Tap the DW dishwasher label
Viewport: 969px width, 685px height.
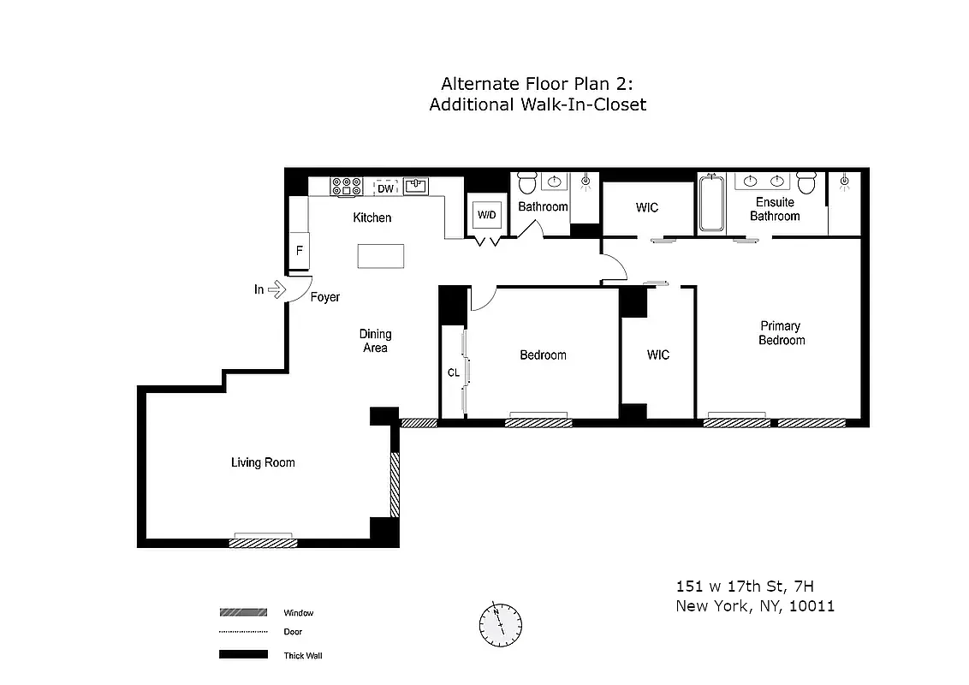(x=386, y=188)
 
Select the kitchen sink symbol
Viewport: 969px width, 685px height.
(x=416, y=186)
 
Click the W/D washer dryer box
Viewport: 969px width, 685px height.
(x=487, y=215)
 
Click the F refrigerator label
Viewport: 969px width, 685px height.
(x=300, y=251)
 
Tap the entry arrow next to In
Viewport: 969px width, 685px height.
(x=276, y=290)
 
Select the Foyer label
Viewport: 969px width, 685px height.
(x=324, y=297)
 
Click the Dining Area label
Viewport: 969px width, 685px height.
(x=375, y=341)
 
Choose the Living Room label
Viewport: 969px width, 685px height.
(x=263, y=462)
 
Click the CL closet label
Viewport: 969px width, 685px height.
(x=453, y=372)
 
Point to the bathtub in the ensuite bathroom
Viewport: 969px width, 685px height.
(x=711, y=204)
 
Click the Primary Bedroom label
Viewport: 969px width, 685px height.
(x=782, y=333)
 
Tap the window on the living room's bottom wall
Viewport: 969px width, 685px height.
(x=265, y=541)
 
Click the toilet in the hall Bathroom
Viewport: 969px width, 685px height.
(x=526, y=183)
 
